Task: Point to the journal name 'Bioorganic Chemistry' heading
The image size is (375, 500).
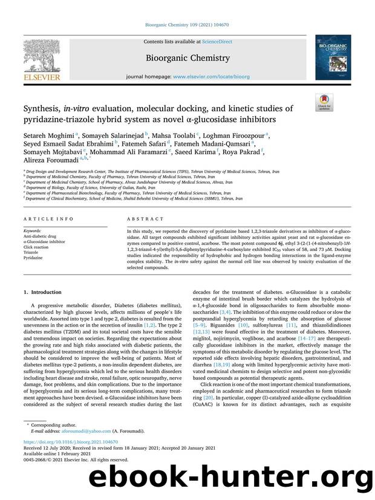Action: pyautogui.click(x=187, y=59)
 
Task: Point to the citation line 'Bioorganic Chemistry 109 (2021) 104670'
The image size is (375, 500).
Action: pyautogui.click(x=187, y=24)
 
